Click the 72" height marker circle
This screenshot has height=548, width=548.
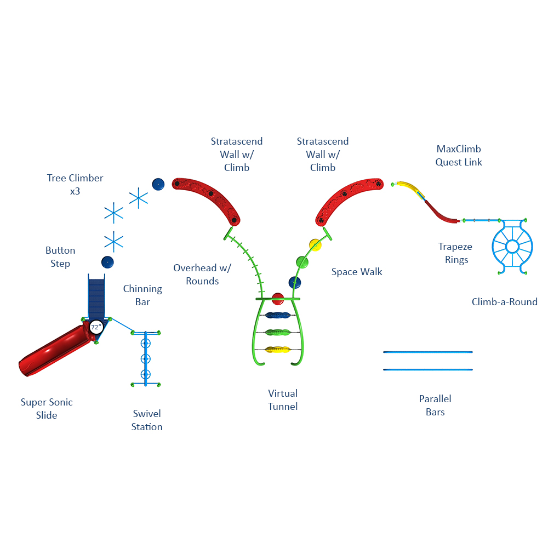tap(96, 327)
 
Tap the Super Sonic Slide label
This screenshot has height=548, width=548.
tap(47, 409)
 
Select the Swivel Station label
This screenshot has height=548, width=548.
tap(147, 420)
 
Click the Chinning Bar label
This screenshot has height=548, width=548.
tap(142, 295)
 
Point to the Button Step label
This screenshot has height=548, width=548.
tap(60, 257)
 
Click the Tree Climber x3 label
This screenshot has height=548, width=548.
tap(75, 185)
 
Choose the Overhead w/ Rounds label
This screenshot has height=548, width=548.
tap(202, 275)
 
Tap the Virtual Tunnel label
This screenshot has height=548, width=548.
tap(283, 400)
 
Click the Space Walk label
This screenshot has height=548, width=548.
tap(357, 272)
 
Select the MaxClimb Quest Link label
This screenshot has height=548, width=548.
tap(459, 156)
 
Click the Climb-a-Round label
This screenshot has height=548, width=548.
tap(505, 302)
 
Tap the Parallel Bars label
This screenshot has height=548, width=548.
tap(435, 406)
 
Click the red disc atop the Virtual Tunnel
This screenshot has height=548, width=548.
tap(278, 299)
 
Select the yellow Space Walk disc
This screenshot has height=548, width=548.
tap(315, 244)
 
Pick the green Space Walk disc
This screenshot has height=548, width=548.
tap(302, 262)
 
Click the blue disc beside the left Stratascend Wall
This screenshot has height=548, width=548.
tap(158, 184)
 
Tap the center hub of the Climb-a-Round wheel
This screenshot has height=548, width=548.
tap(512, 247)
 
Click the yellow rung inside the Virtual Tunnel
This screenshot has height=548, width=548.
tap(278, 349)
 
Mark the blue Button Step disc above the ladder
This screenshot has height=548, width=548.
tap(107, 262)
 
